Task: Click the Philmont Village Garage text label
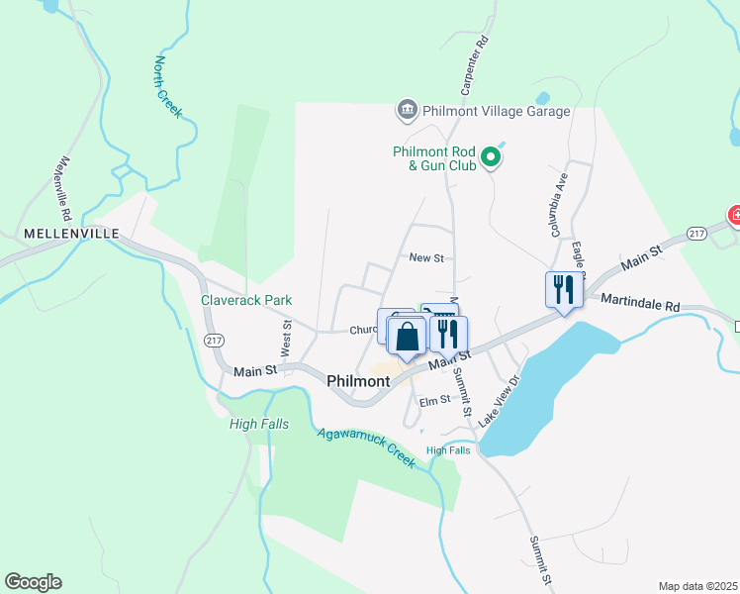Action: (496, 111)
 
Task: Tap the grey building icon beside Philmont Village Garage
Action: (406, 110)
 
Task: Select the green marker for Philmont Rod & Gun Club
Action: (490, 156)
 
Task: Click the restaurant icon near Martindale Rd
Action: (563, 290)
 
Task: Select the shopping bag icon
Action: (407, 337)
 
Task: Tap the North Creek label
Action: (167, 87)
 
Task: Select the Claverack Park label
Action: (246, 300)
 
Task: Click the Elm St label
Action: (434, 400)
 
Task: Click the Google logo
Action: (33, 582)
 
